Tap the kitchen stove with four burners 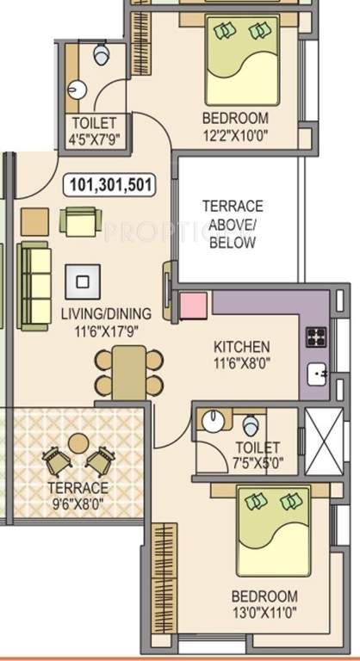pos(315,337)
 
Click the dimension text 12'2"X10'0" pos(234,134)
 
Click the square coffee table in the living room pos(83,281)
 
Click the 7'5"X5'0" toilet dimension pos(256,463)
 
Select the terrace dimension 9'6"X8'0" pos(78,502)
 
